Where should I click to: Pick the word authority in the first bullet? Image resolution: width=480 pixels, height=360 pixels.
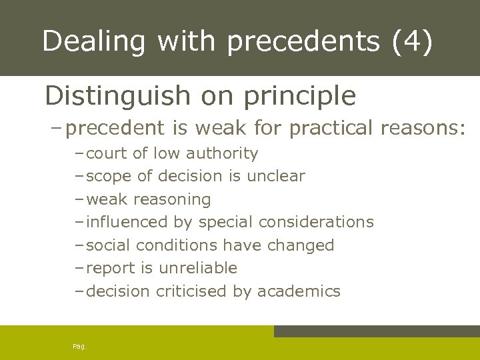222,154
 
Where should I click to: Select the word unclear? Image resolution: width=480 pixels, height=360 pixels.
275,176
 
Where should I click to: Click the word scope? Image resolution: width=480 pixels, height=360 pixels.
108,177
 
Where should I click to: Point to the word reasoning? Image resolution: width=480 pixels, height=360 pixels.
173,199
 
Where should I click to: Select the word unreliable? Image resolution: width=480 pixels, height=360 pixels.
198,268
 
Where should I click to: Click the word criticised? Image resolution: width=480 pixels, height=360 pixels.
192,291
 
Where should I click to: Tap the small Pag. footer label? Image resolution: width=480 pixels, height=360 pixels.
79,346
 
